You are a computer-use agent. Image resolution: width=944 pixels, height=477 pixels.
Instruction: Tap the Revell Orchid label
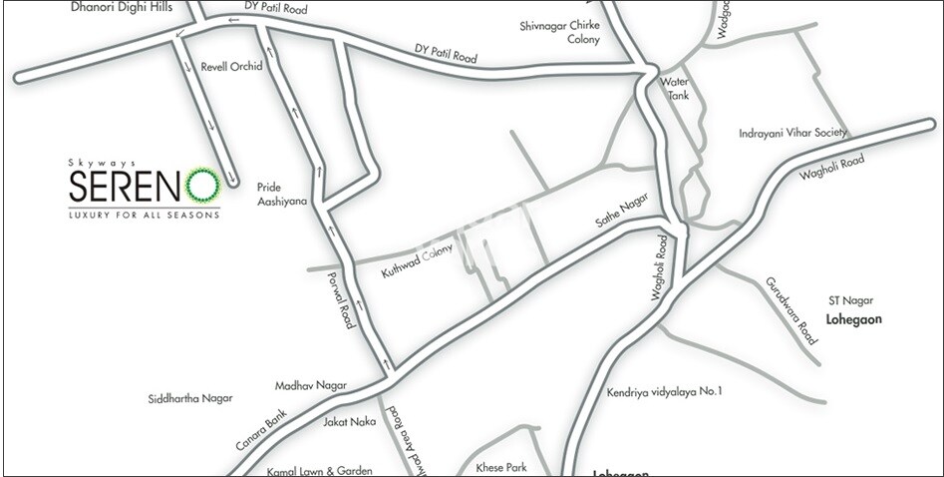[231, 67]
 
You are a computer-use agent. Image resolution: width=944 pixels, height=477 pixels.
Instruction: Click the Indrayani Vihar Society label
[792, 133]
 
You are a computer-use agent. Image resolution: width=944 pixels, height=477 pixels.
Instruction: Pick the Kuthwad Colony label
[417, 259]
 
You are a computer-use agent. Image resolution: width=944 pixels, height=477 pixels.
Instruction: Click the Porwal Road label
[344, 301]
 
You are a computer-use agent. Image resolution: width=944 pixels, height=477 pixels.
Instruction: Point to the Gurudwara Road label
[792, 309]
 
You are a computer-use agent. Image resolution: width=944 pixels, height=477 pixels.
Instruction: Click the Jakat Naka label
[350, 422]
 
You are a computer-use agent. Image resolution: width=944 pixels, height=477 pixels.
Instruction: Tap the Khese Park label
[499, 466]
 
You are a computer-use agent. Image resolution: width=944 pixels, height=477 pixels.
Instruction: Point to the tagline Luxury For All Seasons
[144, 215]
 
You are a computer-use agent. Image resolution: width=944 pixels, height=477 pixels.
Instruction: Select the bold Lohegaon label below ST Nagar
[856, 318]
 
